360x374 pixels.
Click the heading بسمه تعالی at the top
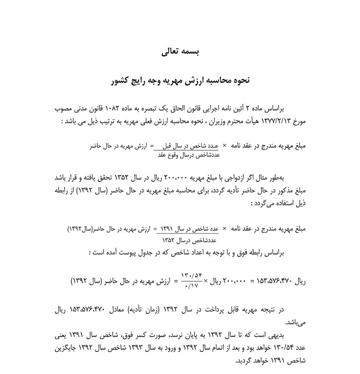180,52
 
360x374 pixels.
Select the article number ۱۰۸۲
111,109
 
